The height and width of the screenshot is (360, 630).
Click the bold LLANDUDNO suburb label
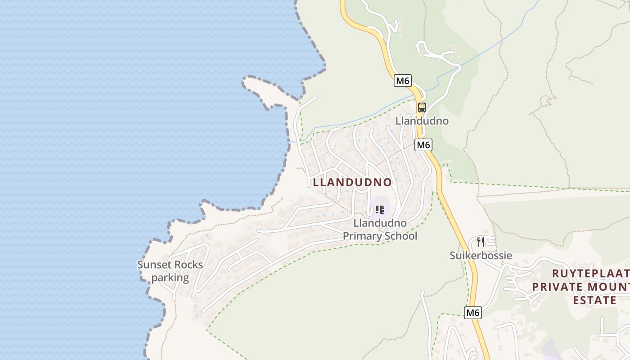click(x=352, y=182)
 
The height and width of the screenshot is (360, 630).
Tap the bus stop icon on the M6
click(x=422, y=108)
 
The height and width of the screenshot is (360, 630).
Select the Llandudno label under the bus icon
click(x=422, y=121)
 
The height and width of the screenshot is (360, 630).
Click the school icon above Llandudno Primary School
click(x=380, y=210)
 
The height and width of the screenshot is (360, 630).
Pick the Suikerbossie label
click(x=481, y=256)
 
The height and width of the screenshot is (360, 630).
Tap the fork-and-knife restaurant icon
click(x=481, y=242)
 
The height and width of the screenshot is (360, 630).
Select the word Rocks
click(x=188, y=265)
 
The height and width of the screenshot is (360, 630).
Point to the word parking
click(x=170, y=278)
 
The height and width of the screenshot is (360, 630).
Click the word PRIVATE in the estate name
click(x=558, y=287)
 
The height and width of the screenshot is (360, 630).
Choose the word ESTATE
click(x=594, y=300)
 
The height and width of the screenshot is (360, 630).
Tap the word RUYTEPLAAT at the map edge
click(x=590, y=273)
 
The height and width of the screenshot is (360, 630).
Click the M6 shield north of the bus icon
click(x=402, y=81)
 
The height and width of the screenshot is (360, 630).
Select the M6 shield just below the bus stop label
click(x=423, y=145)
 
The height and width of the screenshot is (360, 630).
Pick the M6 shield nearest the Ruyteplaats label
click(x=472, y=312)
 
